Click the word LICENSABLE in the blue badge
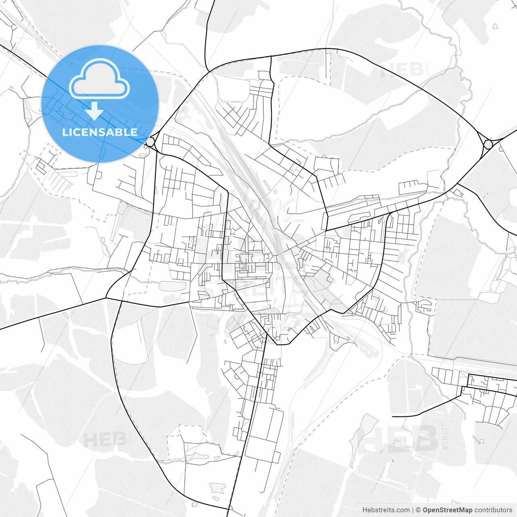pyautogui.click(x=100, y=132)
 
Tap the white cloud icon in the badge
pyautogui.click(x=99, y=79)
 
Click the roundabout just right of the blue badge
pyautogui.click(x=150, y=142)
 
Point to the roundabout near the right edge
pyautogui.click(x=488, y=144)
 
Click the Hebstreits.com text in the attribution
pyautogui.click(x=386, y=510)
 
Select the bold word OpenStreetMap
pyautogui.click(x=447, y=510)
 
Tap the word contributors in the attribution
pyautogui.click(x=493, y=510)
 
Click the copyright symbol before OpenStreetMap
pyautogui.click(x=418, y=510)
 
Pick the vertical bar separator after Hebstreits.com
pyautogui.click(x=413, y=510)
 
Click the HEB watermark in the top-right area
pyautogui.click(x=401, y=69)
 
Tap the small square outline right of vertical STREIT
pyautogui.click(x=481, y=441)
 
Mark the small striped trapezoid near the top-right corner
pyautogui.click(x=495, y=26)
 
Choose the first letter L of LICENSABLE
pyautogui.click(x=65, y=132)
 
